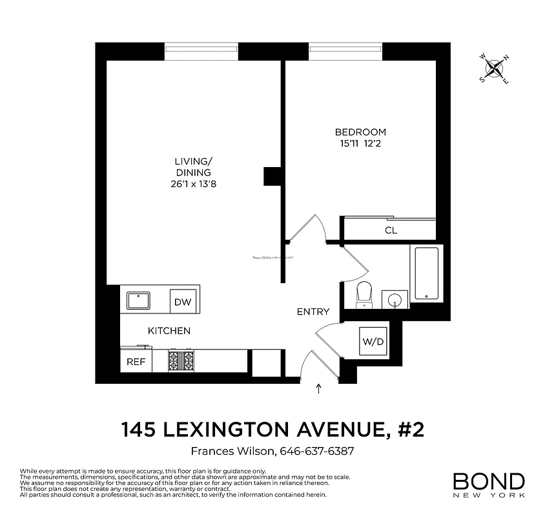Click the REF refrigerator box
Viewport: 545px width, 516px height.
136,362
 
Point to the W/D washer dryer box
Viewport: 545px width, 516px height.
373,341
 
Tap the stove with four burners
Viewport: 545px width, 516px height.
181,361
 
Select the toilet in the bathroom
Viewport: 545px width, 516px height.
365,294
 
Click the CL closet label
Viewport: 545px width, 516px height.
391,230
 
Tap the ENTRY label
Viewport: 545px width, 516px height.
313,312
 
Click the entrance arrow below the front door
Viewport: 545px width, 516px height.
318,388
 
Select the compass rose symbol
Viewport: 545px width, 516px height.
494,68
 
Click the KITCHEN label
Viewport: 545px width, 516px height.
169,331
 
